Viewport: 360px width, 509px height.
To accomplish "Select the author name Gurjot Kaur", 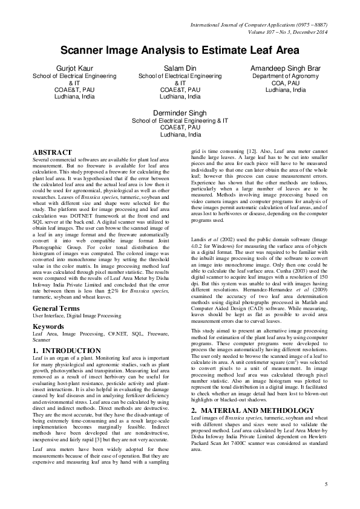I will [x=74, y=69].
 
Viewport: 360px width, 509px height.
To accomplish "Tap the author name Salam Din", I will [x=180, y=69].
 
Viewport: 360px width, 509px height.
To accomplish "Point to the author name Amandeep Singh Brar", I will [x=286, y=69].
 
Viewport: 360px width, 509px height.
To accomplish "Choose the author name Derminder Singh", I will [x=180, y=113].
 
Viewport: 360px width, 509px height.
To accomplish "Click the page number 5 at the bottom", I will [x=326, y=484].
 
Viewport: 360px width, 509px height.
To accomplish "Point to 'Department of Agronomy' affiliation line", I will [x=286, y=77].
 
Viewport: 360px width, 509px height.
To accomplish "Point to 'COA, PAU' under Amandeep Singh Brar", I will [x=286, y=83].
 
